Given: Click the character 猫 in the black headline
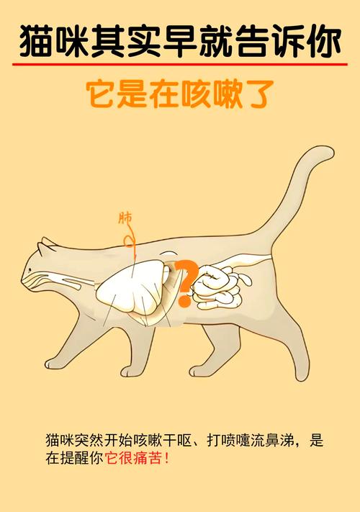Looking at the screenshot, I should [x=35, y=41].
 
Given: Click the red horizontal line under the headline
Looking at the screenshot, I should [x=180, y=64].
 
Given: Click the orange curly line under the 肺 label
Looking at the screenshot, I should [x=130, y=238].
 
